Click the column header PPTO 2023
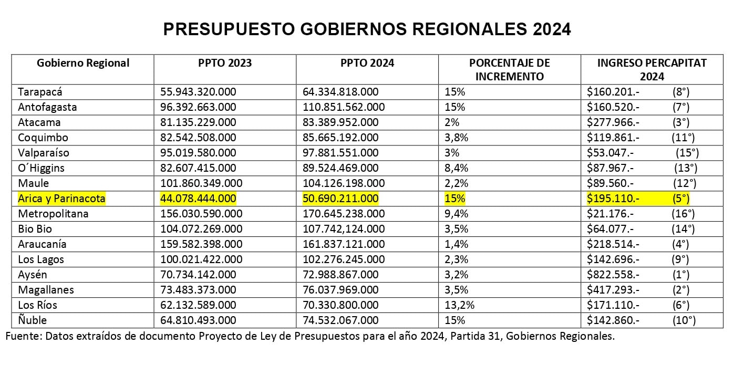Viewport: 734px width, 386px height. pos(225,63)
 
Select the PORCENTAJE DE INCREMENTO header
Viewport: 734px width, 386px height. pos(509,69)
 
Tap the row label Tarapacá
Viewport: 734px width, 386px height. pos(40,92)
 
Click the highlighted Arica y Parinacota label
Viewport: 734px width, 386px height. pos(61,199)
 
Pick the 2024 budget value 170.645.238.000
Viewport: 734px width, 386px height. pos(344,214)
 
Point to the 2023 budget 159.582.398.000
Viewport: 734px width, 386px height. pos(201,245)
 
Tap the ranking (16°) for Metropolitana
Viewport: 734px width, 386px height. pos(683,214)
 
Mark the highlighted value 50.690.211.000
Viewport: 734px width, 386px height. pos(340,199)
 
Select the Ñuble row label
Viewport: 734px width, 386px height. pos(33,320)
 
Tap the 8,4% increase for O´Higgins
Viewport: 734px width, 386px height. pos(457,169)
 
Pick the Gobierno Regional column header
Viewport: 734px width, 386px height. pos(83,63)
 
